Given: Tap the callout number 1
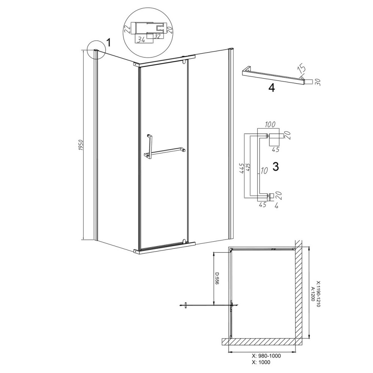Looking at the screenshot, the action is click(108, 43).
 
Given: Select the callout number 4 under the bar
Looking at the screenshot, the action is click(272, 88).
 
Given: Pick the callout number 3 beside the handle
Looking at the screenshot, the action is click(276, 167).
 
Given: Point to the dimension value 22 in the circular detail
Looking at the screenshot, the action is click(128, 29).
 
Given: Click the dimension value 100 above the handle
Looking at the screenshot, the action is click(270, 124).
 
